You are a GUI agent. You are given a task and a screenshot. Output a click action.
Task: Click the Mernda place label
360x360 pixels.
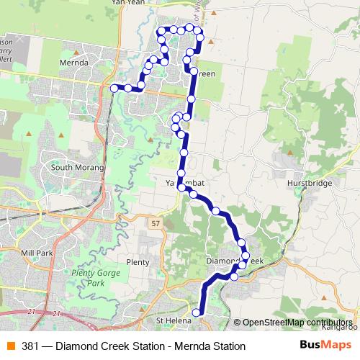(76, 63)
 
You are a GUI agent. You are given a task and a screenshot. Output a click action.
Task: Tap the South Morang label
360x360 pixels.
(77, 167)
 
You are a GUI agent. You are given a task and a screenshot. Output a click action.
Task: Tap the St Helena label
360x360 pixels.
(171, 319)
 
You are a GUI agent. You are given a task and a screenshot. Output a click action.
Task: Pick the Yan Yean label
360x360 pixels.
(128, 3)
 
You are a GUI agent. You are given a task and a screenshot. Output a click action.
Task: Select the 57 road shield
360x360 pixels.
(156, 224)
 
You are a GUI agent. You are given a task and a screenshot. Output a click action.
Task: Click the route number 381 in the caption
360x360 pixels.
(30, 346)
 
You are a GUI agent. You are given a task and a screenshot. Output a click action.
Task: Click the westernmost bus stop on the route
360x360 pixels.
(114, 88)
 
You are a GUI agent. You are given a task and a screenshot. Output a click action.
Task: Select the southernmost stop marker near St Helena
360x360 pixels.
(196, 312)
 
